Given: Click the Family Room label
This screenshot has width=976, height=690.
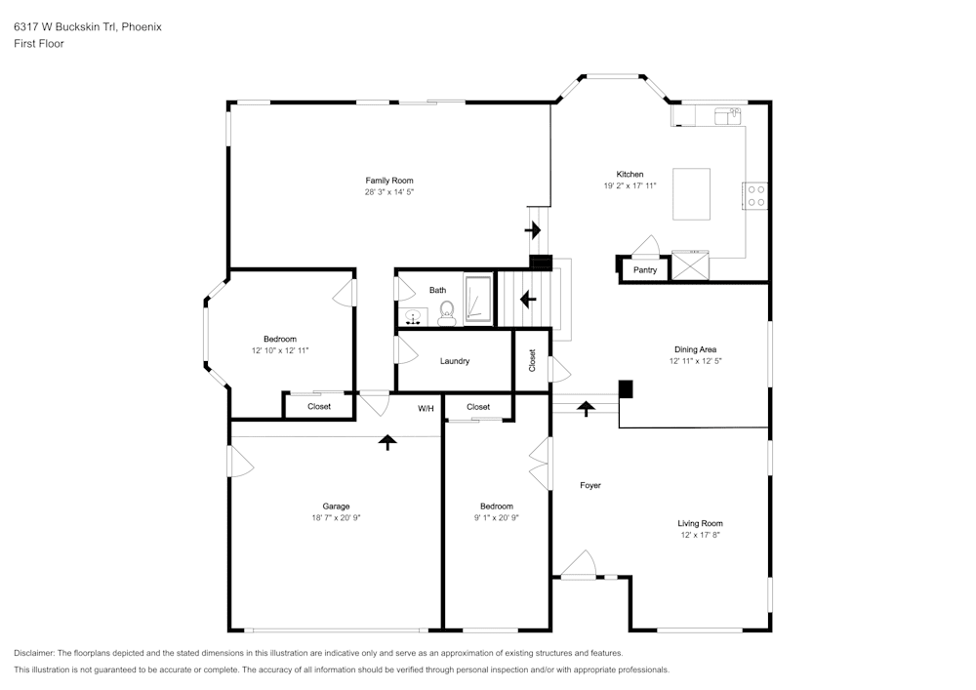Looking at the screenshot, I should click(x=389, y=181).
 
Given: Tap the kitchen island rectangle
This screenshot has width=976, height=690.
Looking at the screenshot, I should click(x=691, y=194).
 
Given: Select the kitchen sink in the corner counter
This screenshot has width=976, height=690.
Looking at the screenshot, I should click(x=726, y=116).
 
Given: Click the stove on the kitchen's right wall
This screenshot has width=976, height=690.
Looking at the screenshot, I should click(x=756, y=196).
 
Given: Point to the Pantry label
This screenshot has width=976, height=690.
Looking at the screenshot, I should click(x=645, y=270).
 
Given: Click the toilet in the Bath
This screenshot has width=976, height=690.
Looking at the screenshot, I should click(x=447, y=312).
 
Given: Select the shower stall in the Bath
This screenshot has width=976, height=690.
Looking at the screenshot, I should click(x=478, y=299).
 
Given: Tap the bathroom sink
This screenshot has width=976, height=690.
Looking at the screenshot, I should click(x=413, y=316).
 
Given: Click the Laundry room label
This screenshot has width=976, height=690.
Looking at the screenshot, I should click(x=455, y=361).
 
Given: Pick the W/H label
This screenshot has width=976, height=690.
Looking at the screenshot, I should click(x=426, y=408).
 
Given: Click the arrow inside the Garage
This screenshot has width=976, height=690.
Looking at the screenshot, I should click(x=387, y=442).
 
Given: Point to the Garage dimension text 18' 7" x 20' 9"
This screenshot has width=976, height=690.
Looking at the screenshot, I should click(x=336, y=518).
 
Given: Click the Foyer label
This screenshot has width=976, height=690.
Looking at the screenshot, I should click(x=590, y=485).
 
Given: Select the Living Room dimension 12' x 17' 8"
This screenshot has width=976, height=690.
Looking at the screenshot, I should click(x=701, y=535).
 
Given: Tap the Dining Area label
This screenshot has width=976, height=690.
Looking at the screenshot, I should click(x=695, y=348).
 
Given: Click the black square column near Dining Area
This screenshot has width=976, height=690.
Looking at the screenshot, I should click(x=626, y=388).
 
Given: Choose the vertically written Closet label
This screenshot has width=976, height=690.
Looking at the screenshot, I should click(x=532, y=361).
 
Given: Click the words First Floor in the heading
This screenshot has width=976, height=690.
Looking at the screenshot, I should click(x=39, y=44).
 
